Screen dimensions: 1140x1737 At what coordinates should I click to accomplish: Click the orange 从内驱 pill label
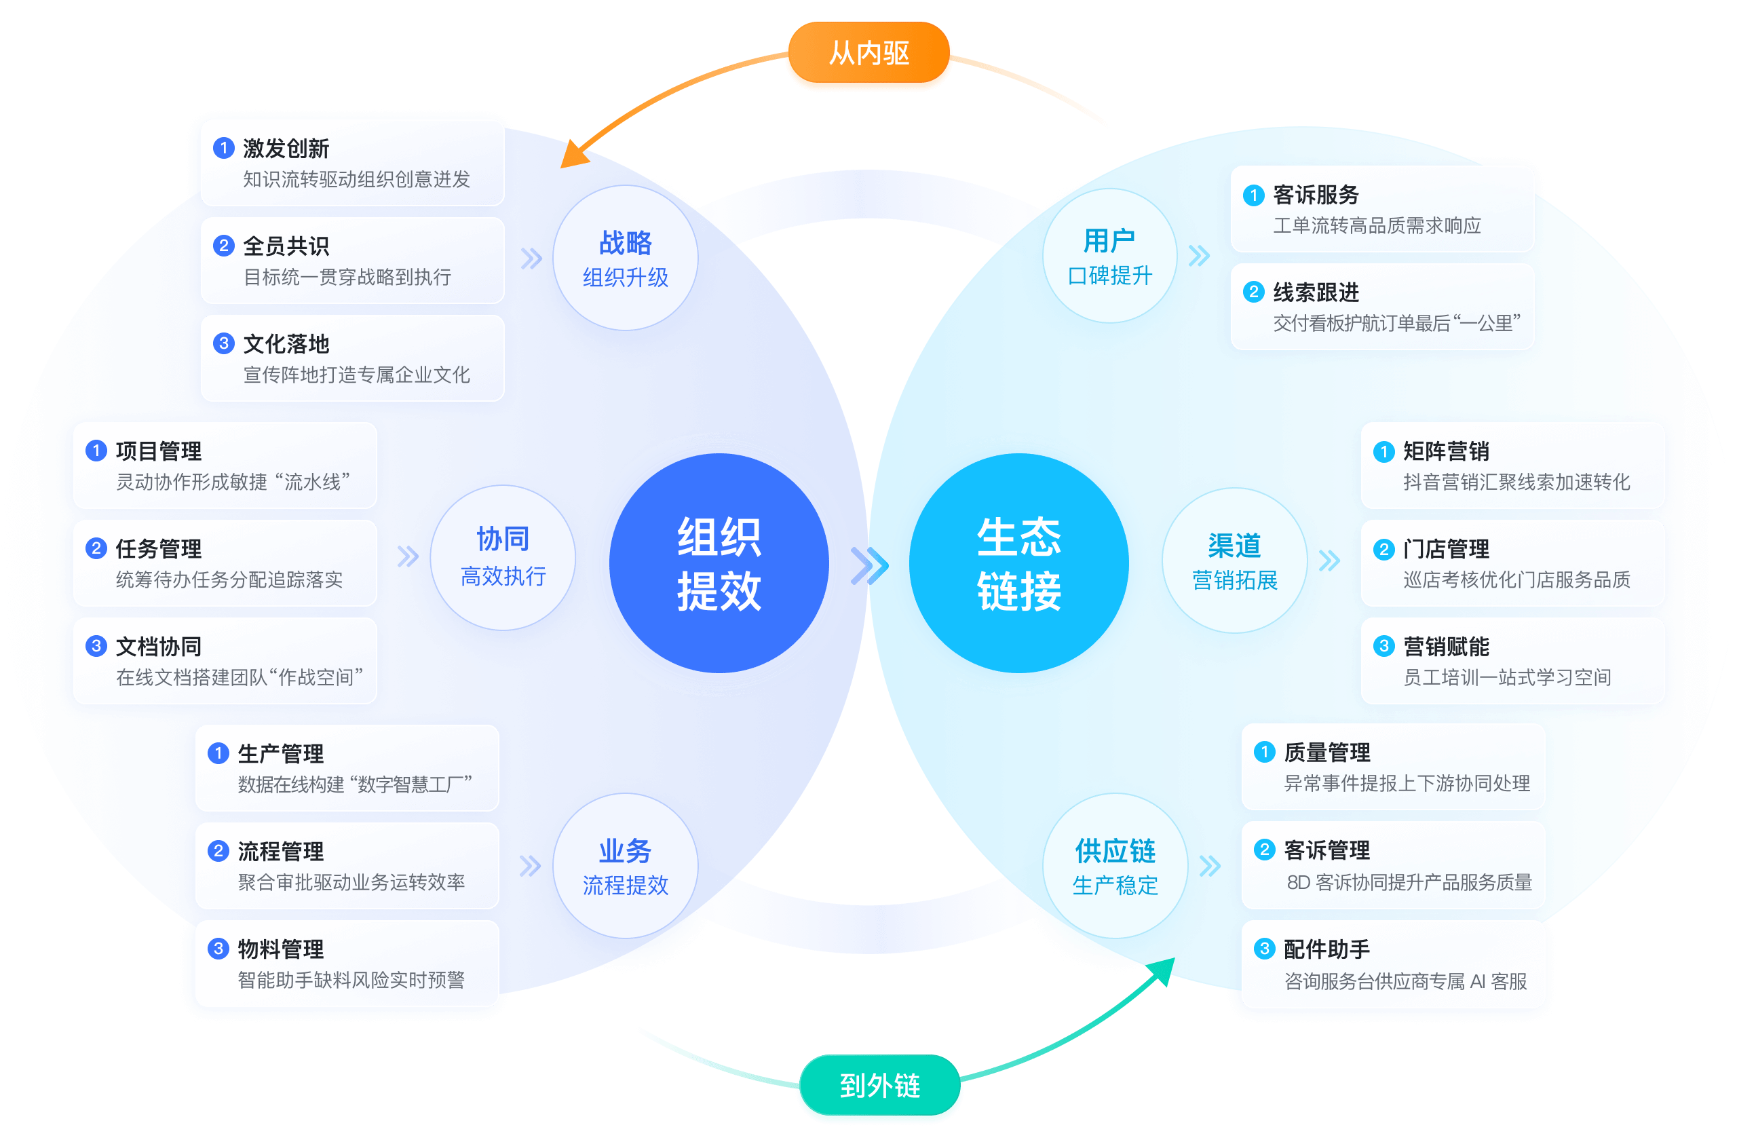point(868,55)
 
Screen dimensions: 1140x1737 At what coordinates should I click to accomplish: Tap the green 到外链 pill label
point(879,1085)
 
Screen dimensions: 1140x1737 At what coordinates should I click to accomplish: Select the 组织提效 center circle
point(719,563)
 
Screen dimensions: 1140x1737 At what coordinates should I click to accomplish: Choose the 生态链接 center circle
point(1019,563)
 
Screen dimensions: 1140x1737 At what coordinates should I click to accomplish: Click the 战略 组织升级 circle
point(626,258)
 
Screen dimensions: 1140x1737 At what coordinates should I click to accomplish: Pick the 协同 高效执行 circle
point(503,558)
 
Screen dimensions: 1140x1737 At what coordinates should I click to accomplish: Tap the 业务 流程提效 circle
point(626,866)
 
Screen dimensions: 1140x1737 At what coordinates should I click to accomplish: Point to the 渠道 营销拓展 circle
point(1234,560)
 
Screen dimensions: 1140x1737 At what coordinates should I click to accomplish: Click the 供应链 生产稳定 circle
point(1115,866)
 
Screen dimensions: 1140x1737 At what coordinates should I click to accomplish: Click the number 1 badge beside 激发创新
point(223,148)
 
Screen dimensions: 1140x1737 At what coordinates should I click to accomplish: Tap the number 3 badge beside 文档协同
point(96,646)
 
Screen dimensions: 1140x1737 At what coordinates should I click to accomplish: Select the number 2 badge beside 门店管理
point(1383,549)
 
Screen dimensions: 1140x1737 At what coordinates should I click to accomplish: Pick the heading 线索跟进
point(1316,292)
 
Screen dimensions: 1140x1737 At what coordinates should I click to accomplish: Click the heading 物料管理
point(280,949)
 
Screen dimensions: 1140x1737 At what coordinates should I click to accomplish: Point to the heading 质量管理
point(1326,753)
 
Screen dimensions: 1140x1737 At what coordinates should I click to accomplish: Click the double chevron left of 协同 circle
point(408,557)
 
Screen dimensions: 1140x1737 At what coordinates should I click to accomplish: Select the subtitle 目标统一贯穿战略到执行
point(347,278)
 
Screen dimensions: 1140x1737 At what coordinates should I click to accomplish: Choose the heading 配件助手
point(1326,949)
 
